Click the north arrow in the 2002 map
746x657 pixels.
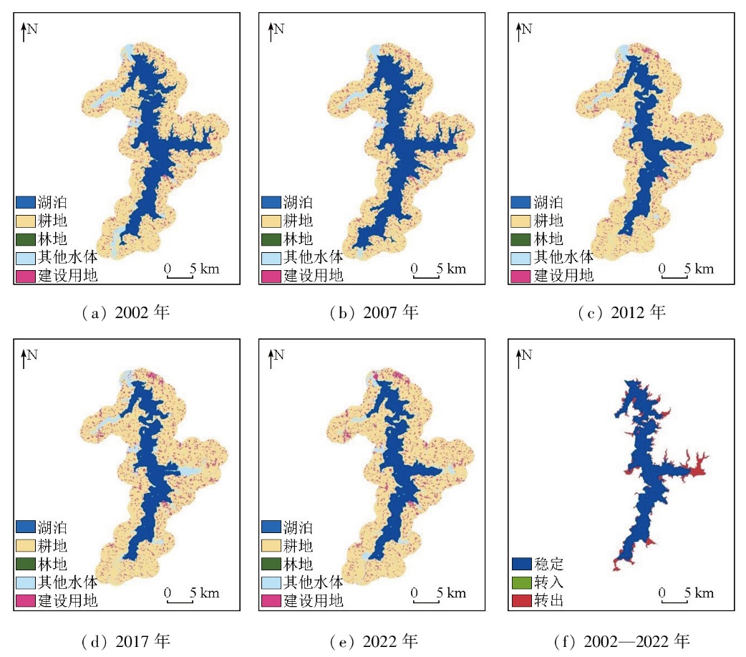point(24,32)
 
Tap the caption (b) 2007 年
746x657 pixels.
point(373,312)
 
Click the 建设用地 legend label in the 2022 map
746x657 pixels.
point(313,600)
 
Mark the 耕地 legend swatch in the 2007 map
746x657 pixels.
point(271,221)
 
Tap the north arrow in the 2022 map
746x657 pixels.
point(271,358)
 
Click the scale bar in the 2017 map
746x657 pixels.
point(180,601)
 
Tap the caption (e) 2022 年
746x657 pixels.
point(373,640)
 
